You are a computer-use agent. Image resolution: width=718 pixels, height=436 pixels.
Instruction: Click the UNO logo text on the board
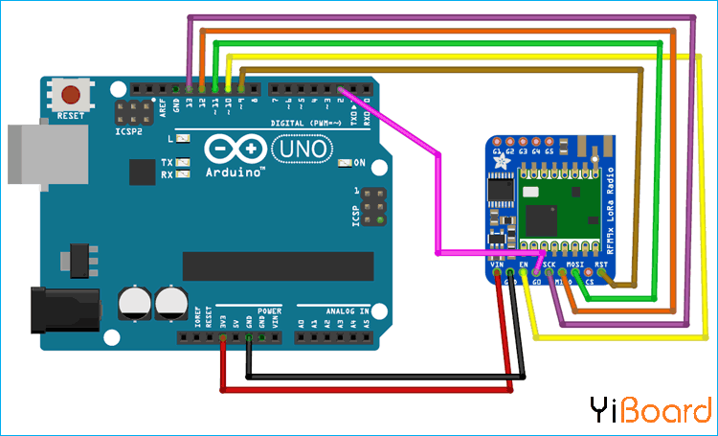tap(304, 149)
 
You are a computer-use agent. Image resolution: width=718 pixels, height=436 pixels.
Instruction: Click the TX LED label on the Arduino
tap(167, 162)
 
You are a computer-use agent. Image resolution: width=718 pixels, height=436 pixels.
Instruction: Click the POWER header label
tap(269, 310)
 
